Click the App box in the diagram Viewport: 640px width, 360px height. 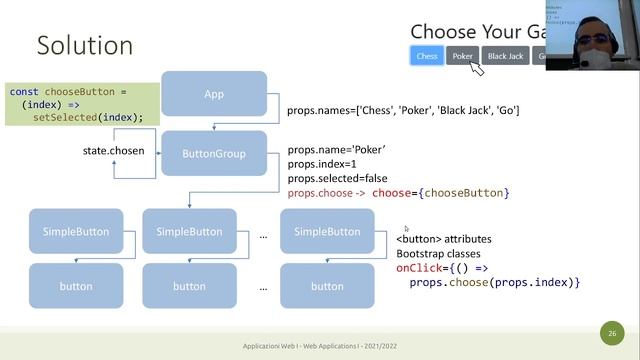click(x=214, y=94)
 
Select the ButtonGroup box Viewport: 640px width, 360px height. click(x=214, y=154)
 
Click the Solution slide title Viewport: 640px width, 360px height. click(x=85, y=45)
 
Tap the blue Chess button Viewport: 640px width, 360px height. click(x=427, y=56)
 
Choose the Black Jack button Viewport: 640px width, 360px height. click(x=505, y=56)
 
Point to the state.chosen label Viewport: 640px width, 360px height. click(x=113, y=151)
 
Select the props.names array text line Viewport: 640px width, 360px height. click(x=402, y=110)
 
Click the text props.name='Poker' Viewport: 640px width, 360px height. click(x=336, y=149)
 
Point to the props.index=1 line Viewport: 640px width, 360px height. click(x=323, y=163)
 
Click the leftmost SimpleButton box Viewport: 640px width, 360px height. click(x=76, y=232)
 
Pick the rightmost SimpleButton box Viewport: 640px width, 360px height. click(x=327, y=232)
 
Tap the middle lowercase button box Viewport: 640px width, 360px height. click(x=189, y=286)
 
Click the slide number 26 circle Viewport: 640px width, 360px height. click(x=611, y=333)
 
